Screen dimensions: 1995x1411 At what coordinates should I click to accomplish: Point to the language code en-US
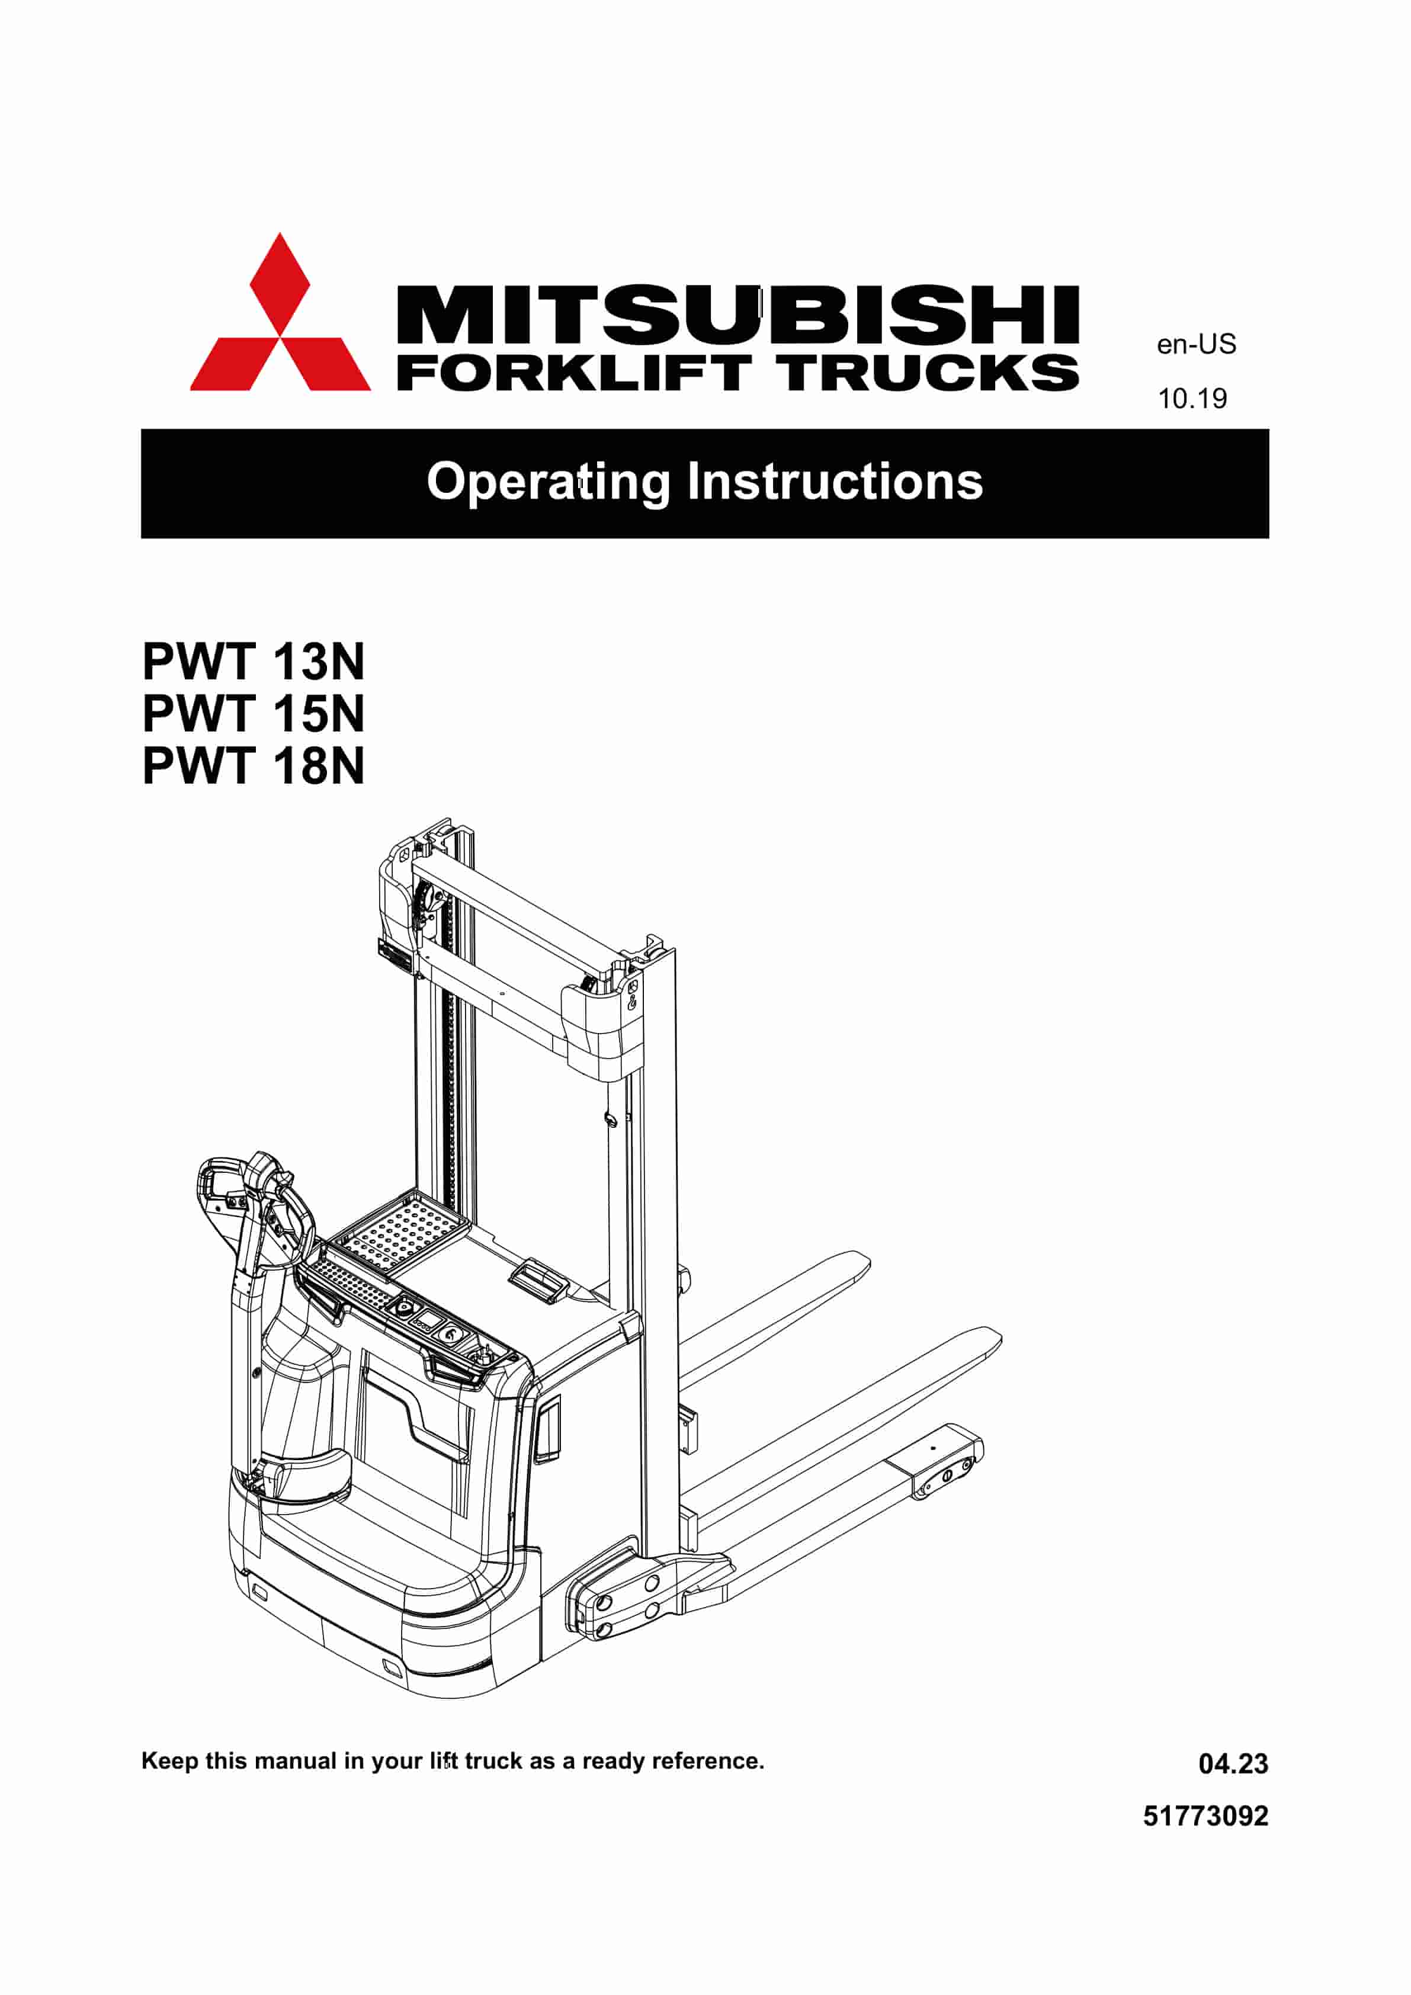(1195, 345)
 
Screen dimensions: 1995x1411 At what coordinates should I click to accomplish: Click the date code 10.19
(1192, 399)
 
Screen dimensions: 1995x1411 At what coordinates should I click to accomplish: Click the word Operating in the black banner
(549, 482)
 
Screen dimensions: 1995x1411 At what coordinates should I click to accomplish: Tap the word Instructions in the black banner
(835, 482)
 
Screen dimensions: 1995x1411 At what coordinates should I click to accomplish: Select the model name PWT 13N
(253, 662)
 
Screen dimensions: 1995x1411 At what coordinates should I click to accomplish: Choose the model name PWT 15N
(253, 714)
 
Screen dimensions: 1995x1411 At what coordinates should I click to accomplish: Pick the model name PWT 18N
(253, 766)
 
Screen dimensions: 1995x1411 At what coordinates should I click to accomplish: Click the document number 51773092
(1205, 1816)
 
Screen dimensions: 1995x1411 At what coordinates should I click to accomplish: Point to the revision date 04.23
(1233, 1764)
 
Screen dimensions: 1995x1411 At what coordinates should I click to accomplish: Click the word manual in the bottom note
(296, 1761)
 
